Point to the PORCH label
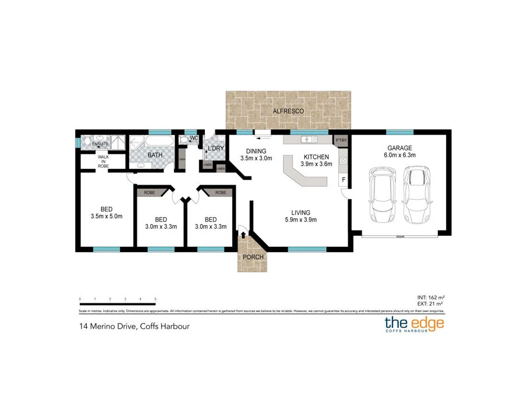(x=253, y=257)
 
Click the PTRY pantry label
(x=341, y=140)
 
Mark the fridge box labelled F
(x=344, y=180)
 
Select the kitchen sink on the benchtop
(x=306, y=140)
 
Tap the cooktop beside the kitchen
(x=344, y=160)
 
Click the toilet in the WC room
(x=183, y=140)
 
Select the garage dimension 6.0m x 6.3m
(x=398, y=155)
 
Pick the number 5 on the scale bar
(x=155, y=299)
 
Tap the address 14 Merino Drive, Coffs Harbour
(x=134, y=326)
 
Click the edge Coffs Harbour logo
(x=414, y=324)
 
